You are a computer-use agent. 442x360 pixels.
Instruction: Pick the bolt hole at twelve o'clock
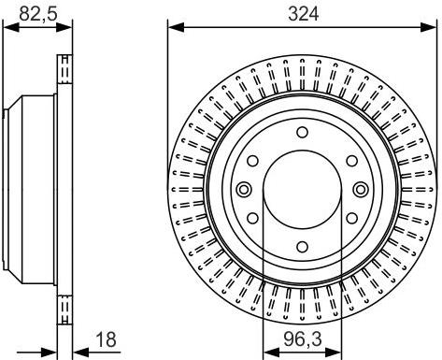point(302,133)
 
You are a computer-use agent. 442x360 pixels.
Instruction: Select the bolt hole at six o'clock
point(302,248)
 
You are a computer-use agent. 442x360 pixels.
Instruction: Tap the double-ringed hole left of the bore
point(245,191)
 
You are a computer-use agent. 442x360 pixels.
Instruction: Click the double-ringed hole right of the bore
point(360,191)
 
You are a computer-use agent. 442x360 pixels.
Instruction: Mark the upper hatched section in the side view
point(65,71)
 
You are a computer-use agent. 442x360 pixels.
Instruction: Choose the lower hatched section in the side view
point(65,308)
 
